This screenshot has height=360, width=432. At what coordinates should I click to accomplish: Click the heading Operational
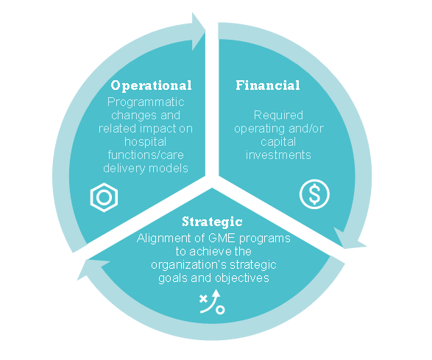click(x=151, y=85)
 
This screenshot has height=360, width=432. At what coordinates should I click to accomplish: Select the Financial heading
click(x=268, y=85)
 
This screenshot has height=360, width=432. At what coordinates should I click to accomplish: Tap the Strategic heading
click(x=212, y=222)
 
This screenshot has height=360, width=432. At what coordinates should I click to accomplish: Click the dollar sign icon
click(x=314, y=194)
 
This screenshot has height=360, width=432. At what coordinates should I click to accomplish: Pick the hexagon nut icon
click(x=105, y=197)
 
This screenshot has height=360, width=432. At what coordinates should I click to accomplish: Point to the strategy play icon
click(x=212, y=302)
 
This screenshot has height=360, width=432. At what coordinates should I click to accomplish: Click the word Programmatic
click(x=146, y=102)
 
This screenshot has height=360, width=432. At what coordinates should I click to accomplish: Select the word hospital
click(x=146, y=141)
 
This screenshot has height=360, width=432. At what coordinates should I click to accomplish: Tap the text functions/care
click(x=146, y=155)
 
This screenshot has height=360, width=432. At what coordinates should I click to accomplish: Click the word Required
click(x=278, y=116)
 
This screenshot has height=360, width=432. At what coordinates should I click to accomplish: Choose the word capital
click(x=278, y=142)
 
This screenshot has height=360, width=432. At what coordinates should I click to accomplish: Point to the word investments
click(x=278, y=155)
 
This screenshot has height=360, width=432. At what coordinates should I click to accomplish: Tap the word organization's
click(x=189, y=265)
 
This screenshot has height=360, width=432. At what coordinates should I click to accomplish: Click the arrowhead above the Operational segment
click(x=199, y=31)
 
